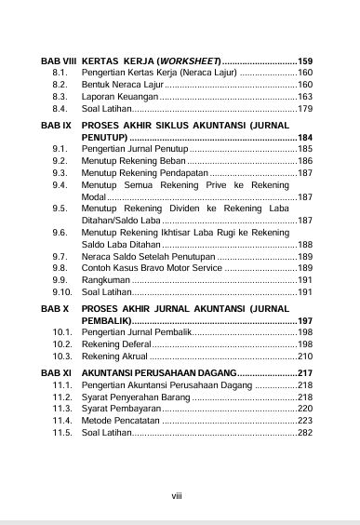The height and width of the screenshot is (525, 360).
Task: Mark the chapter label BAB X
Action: [x=54, y=306]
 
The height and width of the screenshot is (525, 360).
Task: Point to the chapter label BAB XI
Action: [x=56, y=372]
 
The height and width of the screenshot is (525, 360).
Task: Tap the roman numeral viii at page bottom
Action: [x=177, y=494]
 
